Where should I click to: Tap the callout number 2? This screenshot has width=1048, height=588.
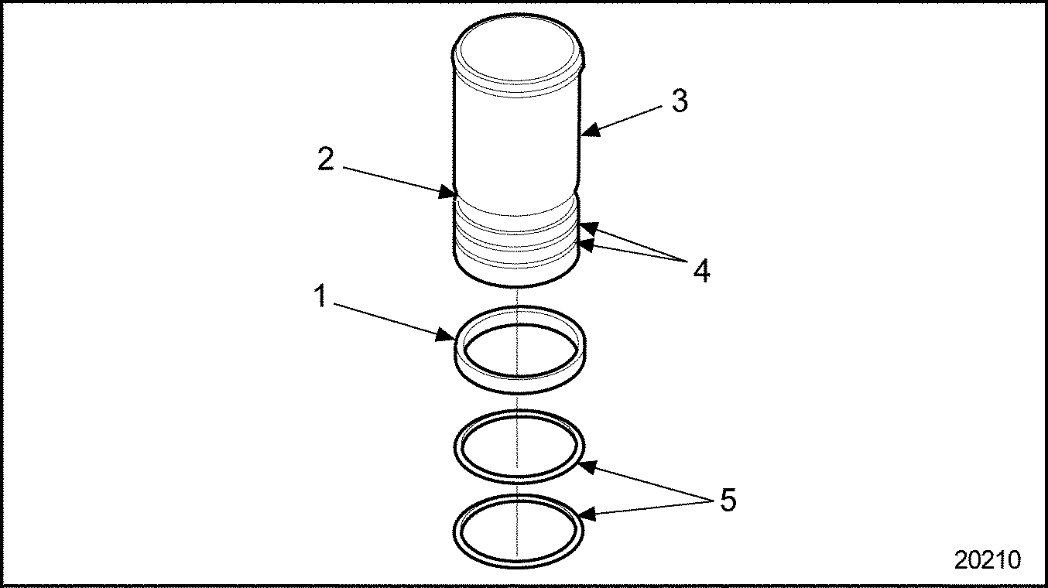pos(326,161)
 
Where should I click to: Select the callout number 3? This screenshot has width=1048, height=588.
pos(679,101)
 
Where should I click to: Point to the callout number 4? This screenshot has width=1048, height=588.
pos(700,271)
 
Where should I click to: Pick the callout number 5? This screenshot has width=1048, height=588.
pos(728,501)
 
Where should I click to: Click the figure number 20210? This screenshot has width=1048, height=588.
pos(987,559)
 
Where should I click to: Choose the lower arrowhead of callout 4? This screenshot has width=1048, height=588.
pos(587,247)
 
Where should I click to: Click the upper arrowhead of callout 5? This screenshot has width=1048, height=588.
pos(588,467)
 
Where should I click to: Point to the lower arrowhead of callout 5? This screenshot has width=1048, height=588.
pos(587,514)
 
